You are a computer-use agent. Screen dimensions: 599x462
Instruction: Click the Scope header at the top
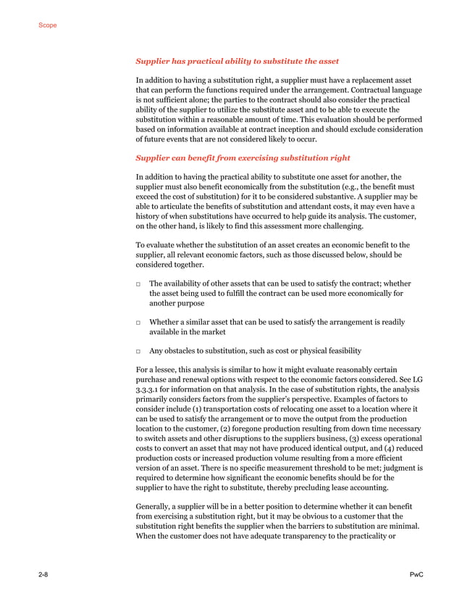(47, 25)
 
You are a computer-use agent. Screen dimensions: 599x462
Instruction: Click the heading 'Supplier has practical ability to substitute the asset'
(238, 61)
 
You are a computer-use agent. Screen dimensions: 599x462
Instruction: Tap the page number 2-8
(44, 574)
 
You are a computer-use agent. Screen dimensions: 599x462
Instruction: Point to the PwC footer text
(416, 574)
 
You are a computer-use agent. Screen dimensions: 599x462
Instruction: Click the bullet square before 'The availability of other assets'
(139, 284)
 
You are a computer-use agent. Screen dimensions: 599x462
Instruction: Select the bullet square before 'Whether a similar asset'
(139, 322)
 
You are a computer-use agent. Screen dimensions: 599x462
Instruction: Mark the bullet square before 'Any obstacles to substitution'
(139, 351)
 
